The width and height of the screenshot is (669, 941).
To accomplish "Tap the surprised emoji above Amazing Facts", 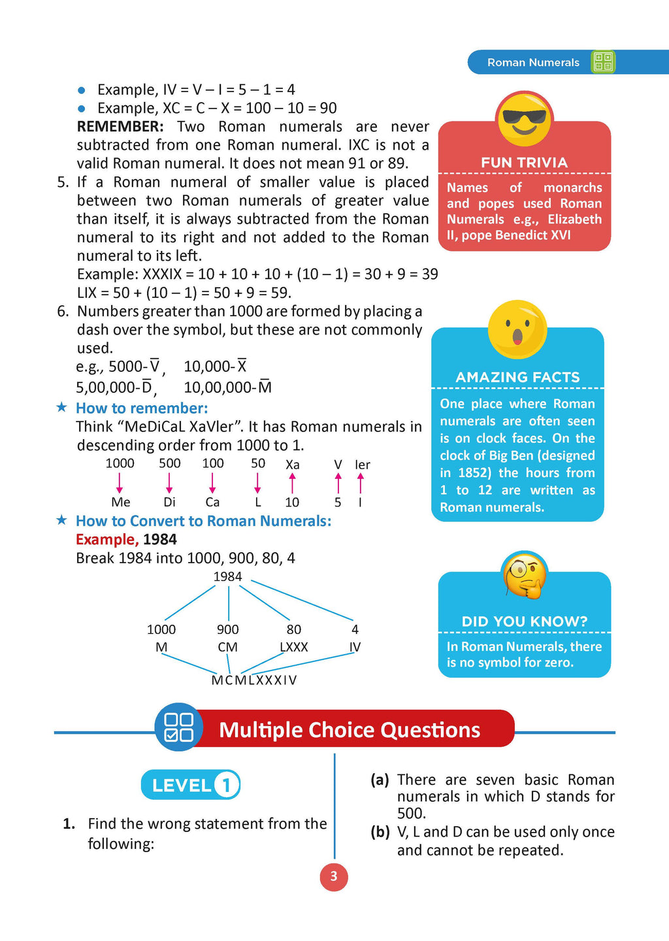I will click(x=517, y=329).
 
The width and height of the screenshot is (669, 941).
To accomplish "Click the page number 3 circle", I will click(x=334, y=876).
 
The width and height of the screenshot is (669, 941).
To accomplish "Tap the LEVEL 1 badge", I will click(x=191, y=785).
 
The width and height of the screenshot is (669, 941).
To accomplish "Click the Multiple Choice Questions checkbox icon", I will click(x=178, y=727).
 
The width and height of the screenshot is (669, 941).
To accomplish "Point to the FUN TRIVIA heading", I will click(x=524, y=163).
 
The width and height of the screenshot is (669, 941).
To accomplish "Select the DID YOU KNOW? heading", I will click(x=524, y=621).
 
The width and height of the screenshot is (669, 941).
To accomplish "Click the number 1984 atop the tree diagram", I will click(x=227, y=576).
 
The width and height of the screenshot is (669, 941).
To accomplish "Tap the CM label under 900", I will click(x=227, y=647).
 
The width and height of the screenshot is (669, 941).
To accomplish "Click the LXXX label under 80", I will click(x=293, y=647).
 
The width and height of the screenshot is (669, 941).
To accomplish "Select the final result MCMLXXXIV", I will click(x=254, y=680).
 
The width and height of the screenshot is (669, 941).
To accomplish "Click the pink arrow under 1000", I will click(x=120, y=483).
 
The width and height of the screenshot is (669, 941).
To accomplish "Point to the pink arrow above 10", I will click(x=292, y=483).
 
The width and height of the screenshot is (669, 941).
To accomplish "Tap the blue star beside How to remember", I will click(x=62, y=407).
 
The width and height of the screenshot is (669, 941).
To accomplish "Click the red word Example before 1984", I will click(x=106, y=540).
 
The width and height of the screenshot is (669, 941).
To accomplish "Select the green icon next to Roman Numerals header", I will click(x=603, y=62).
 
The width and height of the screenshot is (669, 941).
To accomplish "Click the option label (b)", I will click(x=380, y=832).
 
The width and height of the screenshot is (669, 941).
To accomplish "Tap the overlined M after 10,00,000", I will click(x=265, y=387).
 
